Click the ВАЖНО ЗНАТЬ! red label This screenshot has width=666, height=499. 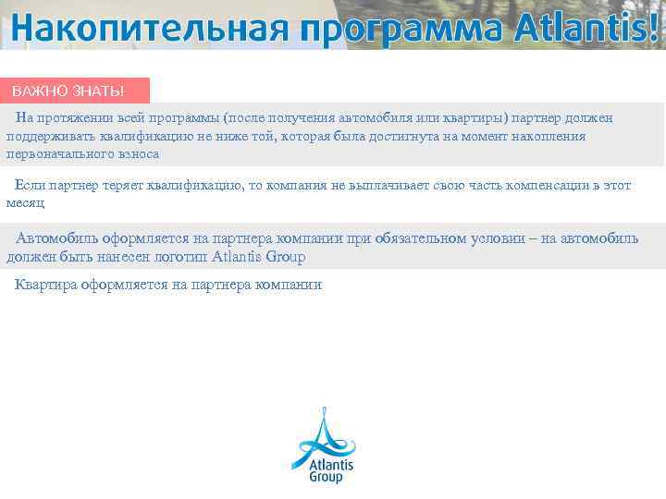(x=68, y=91)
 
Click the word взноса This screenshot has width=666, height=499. (x=138, y=154)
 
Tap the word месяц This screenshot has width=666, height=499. (x=25, y=202)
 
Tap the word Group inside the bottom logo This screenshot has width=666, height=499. (x=326, y=478)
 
